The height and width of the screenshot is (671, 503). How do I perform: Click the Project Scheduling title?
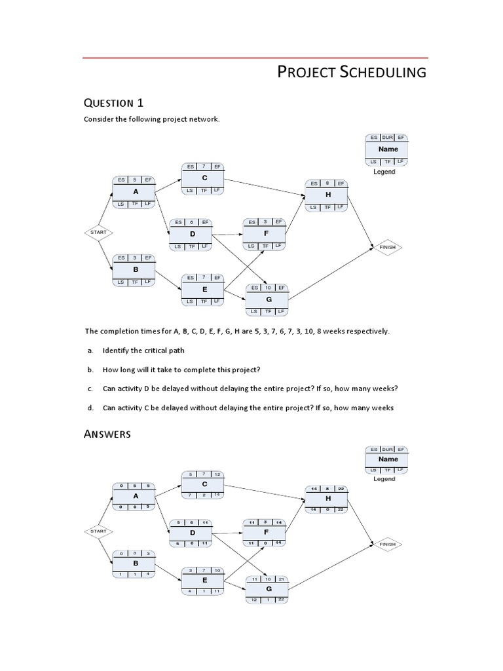pyautogui.click(x=352, y=72)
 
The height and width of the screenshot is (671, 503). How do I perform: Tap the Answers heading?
pyautogui.click(x=108, y=434)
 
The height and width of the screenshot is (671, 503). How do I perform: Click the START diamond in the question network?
pyautogui.click(x=98, y=232)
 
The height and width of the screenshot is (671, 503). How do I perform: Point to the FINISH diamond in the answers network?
pyautogui.click(x=387, y=544)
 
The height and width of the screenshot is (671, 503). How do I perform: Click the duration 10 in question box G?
pyautogui.click(x=268, y=288)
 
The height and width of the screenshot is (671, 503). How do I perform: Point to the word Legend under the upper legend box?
pyautogui.click(x=384, y=172)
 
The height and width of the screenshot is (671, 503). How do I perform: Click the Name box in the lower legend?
pyautogui.click(x=387, y=459)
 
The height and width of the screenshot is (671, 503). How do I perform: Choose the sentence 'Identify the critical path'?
pyautogui.click(x=143, y=351)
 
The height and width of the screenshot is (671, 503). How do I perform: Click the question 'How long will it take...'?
pyautogui.click(x=181, y=370)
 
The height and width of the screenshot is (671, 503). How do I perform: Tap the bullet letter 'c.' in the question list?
pyautogui.click(x=89, y=389)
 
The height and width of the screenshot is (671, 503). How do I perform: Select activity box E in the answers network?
pyautogui.click(x=204, y=581)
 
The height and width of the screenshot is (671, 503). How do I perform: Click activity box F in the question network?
pyautogui.click(x=265, y=233)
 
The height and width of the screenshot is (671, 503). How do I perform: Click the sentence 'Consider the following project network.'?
pyautogui.click(x=151, y=119)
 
